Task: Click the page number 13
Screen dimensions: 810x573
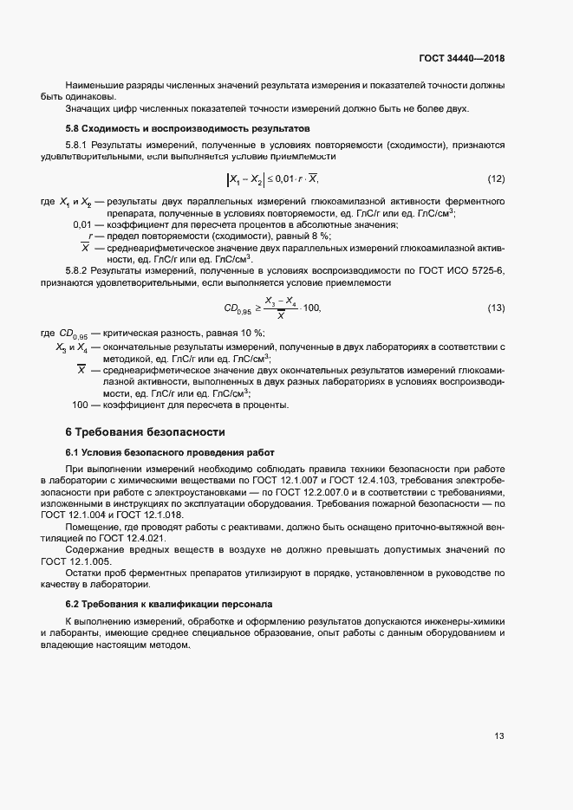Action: [499, 736]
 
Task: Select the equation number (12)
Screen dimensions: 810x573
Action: [496, 179]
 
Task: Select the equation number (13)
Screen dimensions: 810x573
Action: [496, 308]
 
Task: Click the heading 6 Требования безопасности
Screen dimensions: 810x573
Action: [146, 431]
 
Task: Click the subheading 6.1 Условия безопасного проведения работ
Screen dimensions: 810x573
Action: [169, 452]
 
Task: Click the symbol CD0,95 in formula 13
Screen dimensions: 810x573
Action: [237, 309]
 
